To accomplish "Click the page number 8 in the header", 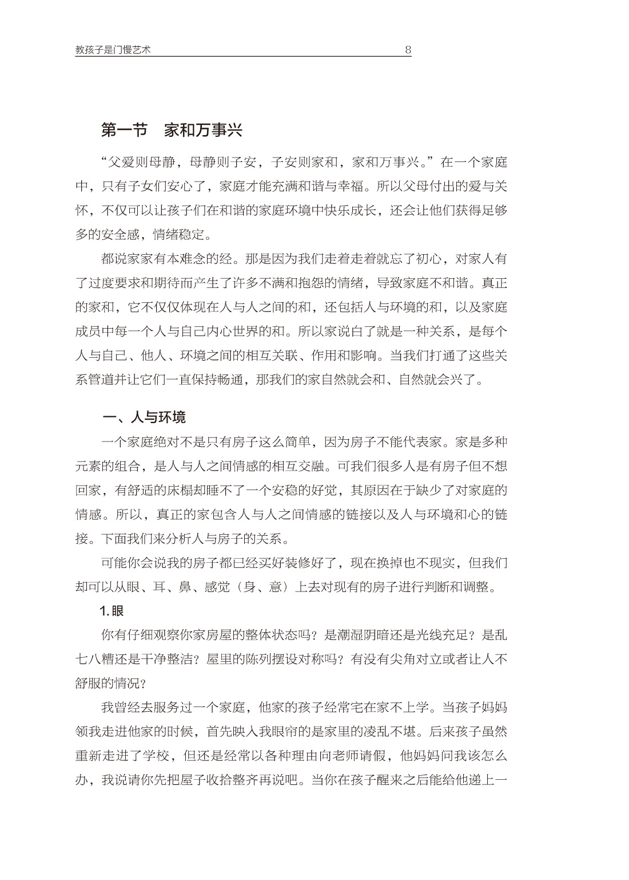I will [x=408, y=50].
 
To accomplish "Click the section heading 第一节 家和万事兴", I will [x=172, y=131].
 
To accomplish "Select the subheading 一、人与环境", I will [x=144, y=417].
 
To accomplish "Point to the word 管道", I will [x=114, y=380].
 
